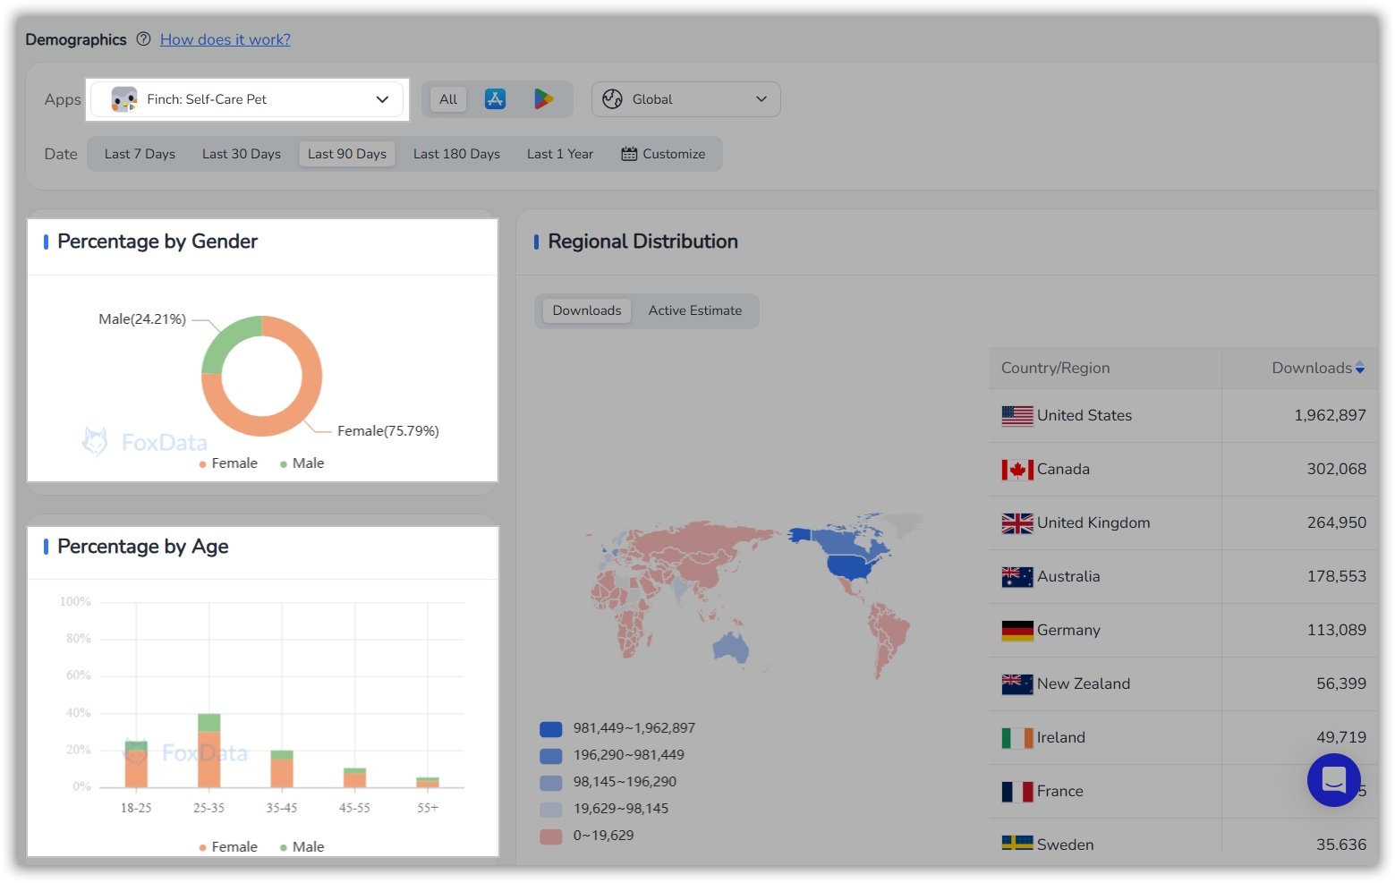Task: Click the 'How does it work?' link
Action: click(225, 39)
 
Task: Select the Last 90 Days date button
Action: click(346, 154)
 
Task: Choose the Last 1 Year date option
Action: click(559, 154)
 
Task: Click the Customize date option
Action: click(663, 154)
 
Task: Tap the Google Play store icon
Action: click(543, 99)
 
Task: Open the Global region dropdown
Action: click(685, 99)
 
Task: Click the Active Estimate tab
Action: click(694, 310)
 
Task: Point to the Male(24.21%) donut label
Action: click(142, 319)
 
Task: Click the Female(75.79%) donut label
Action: click(387, 431)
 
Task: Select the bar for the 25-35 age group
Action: click(208, 751)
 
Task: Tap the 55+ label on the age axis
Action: click(428, 808)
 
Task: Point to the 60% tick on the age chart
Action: click(79, 675)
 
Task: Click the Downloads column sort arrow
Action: click(1360, 368)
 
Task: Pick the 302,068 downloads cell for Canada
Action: click(1336, 469)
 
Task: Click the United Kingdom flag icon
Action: click(1016, 523)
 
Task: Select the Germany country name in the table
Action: click(1068, 630)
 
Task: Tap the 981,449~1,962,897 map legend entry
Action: click(634, 728)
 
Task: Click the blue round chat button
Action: click(1333, 780)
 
